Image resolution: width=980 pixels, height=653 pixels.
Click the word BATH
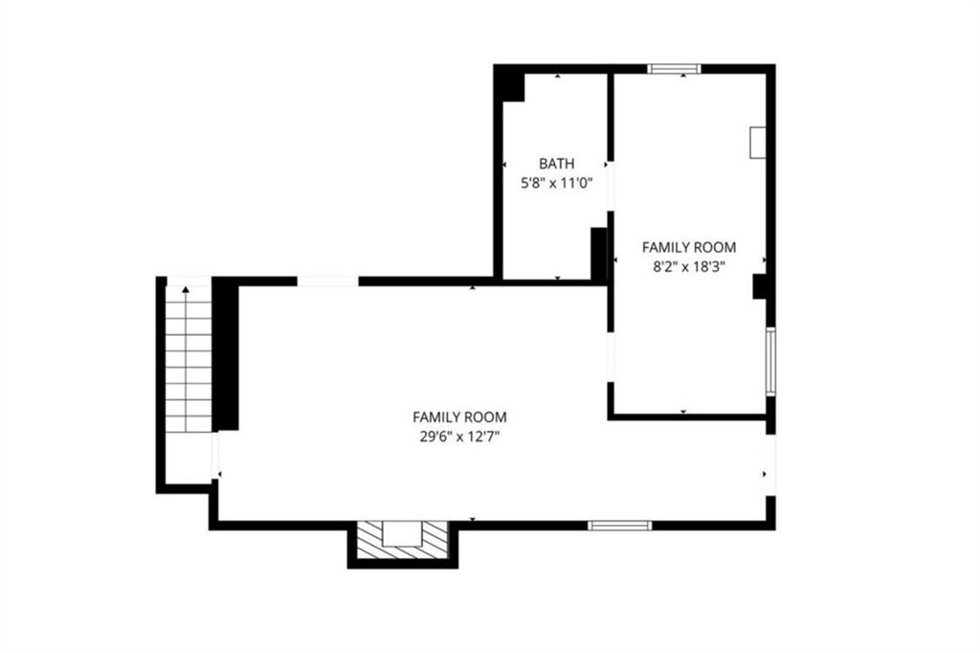(x=556, y=164)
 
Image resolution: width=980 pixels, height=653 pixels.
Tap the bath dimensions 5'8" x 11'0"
(x=556, y=183)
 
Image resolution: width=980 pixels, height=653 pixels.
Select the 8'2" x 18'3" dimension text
(x=689, y=267)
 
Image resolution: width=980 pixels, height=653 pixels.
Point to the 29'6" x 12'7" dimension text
(x=459, y=437)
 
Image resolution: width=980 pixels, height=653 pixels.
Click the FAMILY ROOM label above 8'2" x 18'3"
(x=689, y=247)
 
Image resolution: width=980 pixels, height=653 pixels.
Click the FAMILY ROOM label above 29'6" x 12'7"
(x=459, y=417)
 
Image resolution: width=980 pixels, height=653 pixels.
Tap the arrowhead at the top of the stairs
(x=186, y=289)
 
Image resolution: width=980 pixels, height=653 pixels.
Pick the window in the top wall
(x=674, y=69)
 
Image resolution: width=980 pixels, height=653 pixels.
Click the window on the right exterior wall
(x=770, y=361)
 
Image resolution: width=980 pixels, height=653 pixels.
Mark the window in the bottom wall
(x=620, y=526)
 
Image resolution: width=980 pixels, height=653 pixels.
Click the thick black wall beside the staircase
(x=226, y=353)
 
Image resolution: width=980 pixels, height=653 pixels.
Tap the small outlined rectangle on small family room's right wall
(x=758, y=142)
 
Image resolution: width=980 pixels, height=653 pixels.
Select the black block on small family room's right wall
(x=759, y=286)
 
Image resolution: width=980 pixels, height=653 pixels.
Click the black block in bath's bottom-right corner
(x=599, y=254)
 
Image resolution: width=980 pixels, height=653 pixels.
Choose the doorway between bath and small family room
(x=611, y=187)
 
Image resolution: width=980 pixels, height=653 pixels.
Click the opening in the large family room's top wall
(x=327, y=281)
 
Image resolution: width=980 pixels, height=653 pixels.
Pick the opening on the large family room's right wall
(x=770, y=465)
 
